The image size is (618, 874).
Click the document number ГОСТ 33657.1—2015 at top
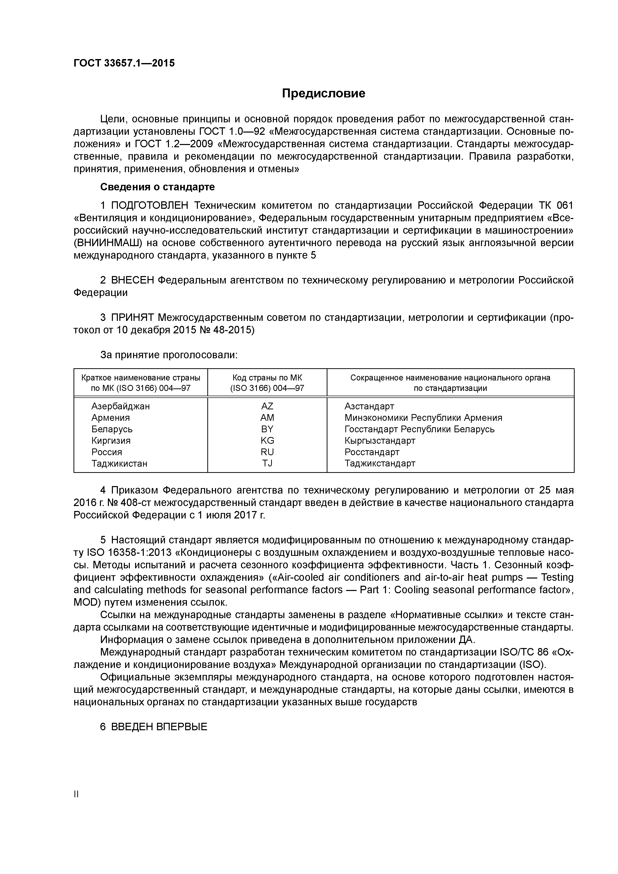pos(124,63)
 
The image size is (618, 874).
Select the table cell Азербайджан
pos(120,406)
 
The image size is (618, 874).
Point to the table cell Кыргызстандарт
pos(380,440)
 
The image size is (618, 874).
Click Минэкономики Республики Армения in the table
pos(423,418)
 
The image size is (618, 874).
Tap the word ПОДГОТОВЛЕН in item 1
pos(150,206)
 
